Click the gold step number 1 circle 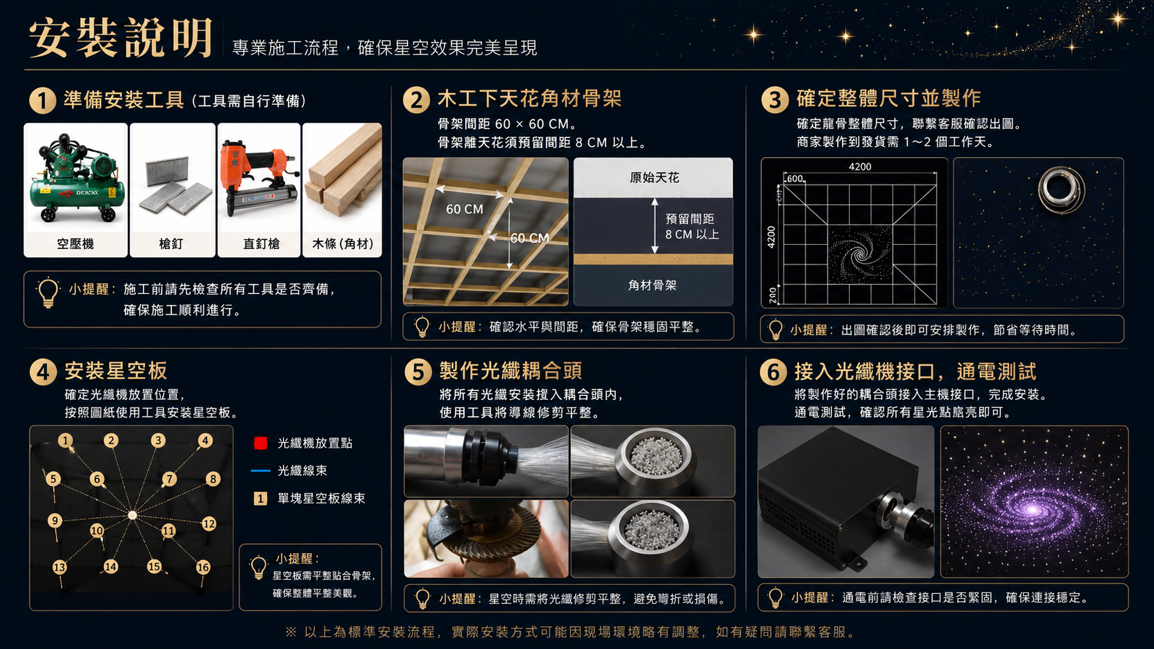pos(43,101)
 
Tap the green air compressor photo pos(76,177)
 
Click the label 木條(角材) pos(342,243)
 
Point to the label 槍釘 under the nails pos(172,243)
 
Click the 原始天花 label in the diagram pos(654,178)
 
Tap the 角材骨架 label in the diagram pos(652,285)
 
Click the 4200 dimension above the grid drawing pos(860,167)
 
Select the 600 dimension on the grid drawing pos(795,179)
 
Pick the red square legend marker pos(261,443)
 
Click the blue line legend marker pos(261,470)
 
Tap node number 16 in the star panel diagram pos(203,567)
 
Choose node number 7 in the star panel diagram pos(170,479)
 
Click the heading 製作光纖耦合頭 pos(511,370)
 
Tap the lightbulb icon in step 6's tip pos(775,598)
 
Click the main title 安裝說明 pos(121,38)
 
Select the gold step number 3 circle pos(775,100)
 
